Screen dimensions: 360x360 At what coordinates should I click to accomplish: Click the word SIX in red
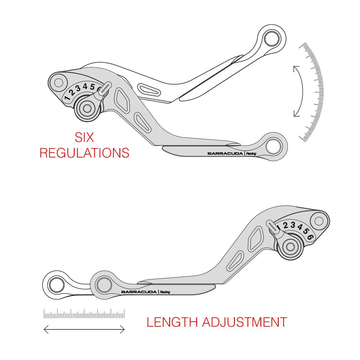(x=84, y=137)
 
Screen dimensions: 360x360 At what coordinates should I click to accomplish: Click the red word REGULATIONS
(x=84, y=153)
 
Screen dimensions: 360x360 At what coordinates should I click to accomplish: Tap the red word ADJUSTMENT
(x=244, y=322)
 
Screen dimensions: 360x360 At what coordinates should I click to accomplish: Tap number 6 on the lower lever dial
(x=310, y=237)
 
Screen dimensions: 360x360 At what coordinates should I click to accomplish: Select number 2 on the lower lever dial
(x=286, y=225)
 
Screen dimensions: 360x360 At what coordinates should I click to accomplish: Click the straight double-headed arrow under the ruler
(x=84, y=330)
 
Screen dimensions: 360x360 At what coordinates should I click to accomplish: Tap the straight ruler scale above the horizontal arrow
(x=84, y=314)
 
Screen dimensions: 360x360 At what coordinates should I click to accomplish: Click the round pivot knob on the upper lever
(x=88, y=109)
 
